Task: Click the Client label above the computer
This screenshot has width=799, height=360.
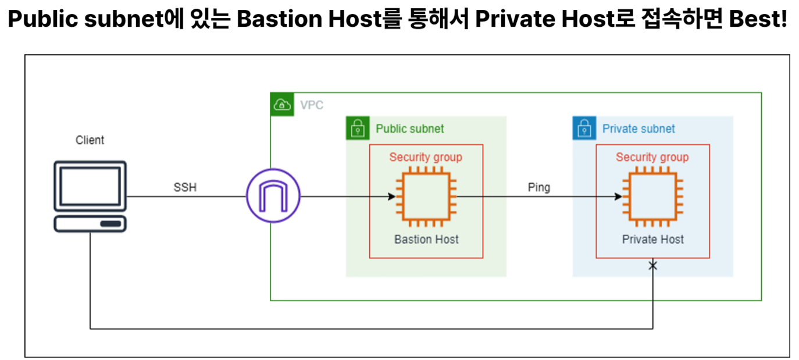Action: click(x=90, y=140)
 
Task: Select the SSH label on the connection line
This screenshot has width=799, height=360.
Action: click(x=185, y=187)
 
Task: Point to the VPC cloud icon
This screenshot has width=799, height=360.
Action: click(x=282, y=105)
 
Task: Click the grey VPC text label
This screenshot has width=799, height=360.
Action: click(x=311, y=105)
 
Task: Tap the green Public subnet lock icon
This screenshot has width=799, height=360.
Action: click(x=358, y=128)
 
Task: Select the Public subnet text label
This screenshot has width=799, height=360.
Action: click(x=409, y=129)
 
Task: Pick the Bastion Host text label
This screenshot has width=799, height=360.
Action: click(x=426, y=239)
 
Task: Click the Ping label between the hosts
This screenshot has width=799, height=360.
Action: click(x=538, y=187)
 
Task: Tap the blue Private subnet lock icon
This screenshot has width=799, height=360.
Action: click(x=584, y=128)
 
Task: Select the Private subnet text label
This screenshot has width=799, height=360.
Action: click(x=639, y=129)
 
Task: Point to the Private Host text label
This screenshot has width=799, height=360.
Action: click(x=652, y=239)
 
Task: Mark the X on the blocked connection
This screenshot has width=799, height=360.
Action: click(x=652, y=266)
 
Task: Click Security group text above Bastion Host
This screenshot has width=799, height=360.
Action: click(x=426, y=157)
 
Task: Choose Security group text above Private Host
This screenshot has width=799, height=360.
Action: click(x=652, y=157)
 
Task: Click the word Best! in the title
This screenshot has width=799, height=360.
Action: click(x=758, y=20)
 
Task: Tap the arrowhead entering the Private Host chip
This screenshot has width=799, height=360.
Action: click(x=619, y=197)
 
